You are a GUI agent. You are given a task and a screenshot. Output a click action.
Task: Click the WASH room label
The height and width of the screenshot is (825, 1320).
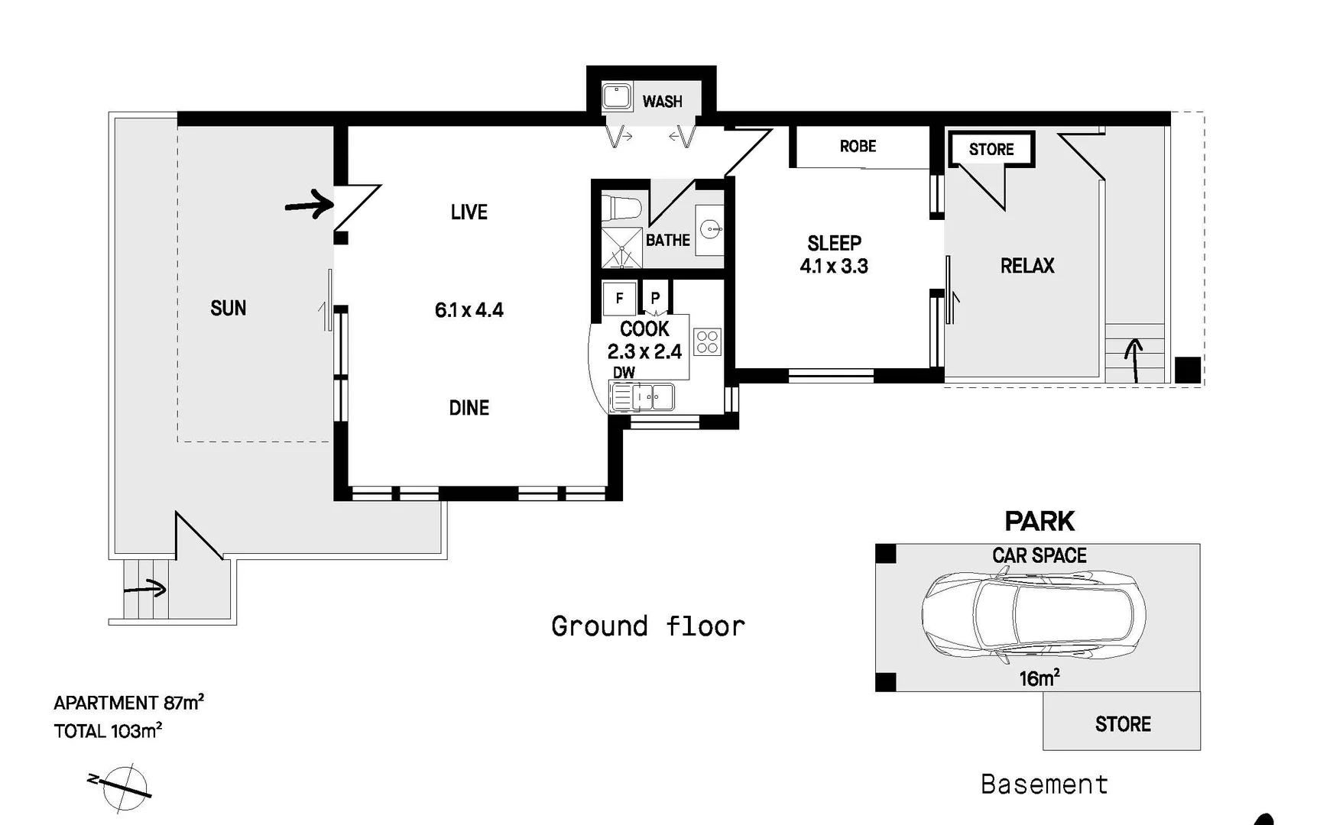(x=662, y=102)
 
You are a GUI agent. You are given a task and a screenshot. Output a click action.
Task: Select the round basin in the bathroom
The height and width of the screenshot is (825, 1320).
(x=710, y=228)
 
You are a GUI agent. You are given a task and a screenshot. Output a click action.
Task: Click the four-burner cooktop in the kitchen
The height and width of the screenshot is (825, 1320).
(x=707, y=341)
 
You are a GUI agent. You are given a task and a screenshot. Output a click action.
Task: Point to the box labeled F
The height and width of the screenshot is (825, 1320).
(x=619, y=298)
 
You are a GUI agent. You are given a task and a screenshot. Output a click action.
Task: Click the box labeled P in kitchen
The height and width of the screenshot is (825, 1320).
(x=655, y=298)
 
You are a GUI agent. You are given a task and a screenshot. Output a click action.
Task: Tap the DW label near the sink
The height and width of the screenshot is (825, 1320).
(x=624, y=373)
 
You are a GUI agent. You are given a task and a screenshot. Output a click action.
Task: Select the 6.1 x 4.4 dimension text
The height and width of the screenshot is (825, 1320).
(x=469, y=310)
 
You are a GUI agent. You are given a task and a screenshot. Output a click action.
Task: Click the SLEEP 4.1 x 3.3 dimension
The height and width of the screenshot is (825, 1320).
(x=834, y=267)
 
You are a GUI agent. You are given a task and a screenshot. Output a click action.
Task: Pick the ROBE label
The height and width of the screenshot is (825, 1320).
(x=858, y=147)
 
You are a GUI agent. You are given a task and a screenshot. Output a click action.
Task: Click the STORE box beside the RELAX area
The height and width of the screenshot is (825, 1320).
(x=991, y=150)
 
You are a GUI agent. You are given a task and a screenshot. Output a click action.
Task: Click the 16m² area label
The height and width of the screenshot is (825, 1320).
(x=1039, y=678)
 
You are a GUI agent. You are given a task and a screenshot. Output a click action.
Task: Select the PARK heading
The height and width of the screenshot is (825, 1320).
(x=1039, y=522)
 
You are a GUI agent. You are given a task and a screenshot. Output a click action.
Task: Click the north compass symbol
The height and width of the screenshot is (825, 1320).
(x=125, y=787)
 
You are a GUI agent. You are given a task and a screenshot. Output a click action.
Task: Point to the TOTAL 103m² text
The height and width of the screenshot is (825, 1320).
(x=108, y=731)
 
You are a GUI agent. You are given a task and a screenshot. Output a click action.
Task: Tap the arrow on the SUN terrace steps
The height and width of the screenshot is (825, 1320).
(x=145, y=589)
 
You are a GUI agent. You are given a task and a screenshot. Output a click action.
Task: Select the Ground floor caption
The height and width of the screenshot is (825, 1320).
(x=647, y=626)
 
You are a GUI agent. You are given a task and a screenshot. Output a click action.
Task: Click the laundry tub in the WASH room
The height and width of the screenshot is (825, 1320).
(x=616, y=97)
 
